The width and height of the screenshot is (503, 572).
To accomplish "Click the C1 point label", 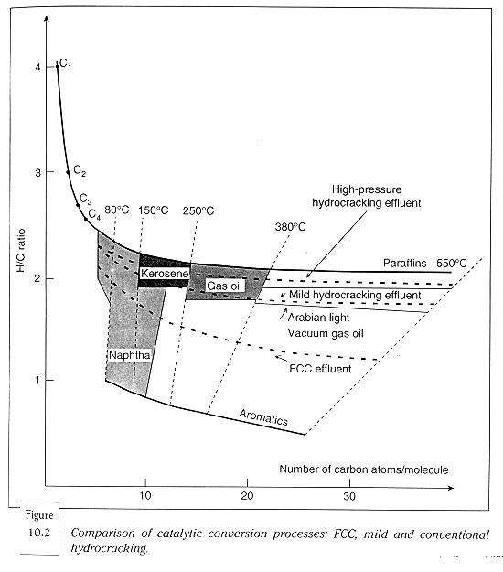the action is (65, 64).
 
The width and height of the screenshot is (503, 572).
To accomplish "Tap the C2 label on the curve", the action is (80, 170).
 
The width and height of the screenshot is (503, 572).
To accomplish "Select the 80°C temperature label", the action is (117, 210).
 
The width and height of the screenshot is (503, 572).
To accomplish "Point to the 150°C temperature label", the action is (153, 210).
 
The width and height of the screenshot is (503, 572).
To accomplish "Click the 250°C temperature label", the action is (198, 210).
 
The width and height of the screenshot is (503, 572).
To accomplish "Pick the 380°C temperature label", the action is (290, 227).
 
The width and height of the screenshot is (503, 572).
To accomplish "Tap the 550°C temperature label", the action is (451, 263).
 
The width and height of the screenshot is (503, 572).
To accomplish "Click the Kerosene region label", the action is (165, 274).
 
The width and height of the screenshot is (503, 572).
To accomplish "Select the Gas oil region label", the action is (224, 286).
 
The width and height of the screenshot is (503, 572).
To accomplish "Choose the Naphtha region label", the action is (129, 355).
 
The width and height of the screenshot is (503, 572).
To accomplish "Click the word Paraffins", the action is (404, 263).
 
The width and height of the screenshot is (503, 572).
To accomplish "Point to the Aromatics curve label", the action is (263, 417).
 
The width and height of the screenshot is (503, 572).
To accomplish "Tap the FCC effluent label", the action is (320, 369).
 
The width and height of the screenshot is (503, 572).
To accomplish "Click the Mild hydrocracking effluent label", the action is (355, 295).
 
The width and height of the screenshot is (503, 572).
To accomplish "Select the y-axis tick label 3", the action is (37, 172).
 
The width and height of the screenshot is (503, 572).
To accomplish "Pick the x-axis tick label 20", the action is (247, 496).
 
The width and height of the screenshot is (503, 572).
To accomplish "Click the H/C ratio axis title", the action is (21, 250).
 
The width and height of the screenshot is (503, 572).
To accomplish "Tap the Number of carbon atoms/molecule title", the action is (364, 469).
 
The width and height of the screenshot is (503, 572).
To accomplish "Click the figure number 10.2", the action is (38, 533).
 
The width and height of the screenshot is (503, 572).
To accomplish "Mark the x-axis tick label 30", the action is (349, 496).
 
